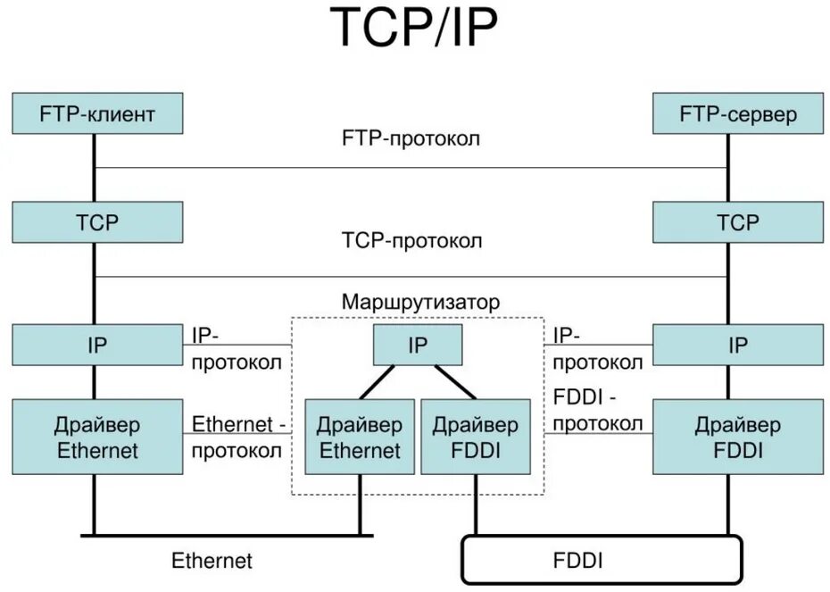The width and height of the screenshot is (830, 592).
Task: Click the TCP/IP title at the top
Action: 414,29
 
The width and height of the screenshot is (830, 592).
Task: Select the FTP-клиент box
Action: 97,113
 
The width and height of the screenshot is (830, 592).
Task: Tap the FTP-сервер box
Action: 738,113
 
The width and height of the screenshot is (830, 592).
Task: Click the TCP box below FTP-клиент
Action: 97,221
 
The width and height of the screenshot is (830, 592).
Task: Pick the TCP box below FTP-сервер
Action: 738,221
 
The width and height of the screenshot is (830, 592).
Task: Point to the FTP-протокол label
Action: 411,139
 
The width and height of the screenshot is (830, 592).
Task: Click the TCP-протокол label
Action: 411,241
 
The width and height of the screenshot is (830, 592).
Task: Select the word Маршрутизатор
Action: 420,302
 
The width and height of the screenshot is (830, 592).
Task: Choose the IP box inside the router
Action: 418,345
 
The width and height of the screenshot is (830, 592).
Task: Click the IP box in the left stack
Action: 97,345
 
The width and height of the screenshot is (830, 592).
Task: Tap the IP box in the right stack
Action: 738,345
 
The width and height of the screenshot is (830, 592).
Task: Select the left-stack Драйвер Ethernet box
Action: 97,437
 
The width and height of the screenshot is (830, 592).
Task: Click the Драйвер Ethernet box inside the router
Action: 360,437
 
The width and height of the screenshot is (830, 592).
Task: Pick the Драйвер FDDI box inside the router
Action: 474,437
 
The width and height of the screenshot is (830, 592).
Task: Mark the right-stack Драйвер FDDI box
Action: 738,437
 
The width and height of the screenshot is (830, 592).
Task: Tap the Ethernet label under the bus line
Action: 212,561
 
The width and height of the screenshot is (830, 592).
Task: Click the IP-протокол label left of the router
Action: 237,348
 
